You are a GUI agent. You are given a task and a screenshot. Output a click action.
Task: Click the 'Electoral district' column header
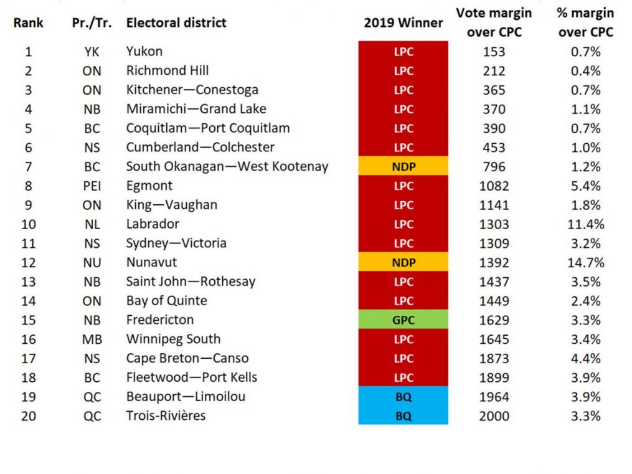(x=176, y=23)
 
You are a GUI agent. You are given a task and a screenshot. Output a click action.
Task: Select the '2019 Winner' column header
(x=403, y=23)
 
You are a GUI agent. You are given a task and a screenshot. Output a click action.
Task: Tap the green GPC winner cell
(x=403, y=320)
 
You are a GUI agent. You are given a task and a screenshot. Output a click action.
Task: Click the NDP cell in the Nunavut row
(x=403, y=263)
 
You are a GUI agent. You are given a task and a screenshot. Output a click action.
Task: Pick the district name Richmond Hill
(x=167, y=70)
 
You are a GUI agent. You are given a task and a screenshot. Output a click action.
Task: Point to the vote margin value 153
(x=494, y=52)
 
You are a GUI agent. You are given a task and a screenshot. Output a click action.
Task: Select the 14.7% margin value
(x=586, y=263)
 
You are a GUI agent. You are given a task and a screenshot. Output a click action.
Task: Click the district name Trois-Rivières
(x=166, y=416)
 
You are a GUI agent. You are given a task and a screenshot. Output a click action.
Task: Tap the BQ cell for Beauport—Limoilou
(x=403, y=397)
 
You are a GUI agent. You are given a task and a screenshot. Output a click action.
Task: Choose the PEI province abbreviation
(x=92, y=186)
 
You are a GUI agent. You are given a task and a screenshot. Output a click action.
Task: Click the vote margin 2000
(x=494, y=416)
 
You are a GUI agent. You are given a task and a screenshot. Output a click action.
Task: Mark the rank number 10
(x=29, y=224)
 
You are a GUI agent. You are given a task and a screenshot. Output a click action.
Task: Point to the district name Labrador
(x=153, y=224)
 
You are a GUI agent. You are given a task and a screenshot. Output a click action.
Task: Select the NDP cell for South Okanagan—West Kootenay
(x=403, y=166)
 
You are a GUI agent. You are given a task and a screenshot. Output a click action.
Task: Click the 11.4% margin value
(x=586, y=224)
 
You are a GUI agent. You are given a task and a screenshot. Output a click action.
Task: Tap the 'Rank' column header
(x=29, y=23)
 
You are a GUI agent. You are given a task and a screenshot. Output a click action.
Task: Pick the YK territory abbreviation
(x=92, y=52)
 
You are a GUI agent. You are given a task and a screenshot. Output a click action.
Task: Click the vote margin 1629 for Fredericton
(x=494, y=320)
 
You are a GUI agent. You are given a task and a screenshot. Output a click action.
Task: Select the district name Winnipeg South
(x=173, y=339)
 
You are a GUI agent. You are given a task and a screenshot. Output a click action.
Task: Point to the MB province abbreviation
(x=92, y=339)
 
